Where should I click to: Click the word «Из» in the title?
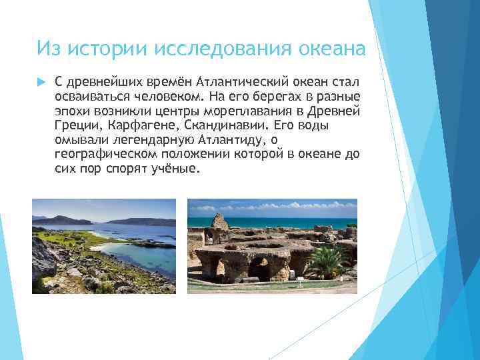coord(48,49)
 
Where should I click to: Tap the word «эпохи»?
coord(71,111)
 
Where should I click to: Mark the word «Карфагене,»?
coord(137,125)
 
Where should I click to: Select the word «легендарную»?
coord(143,140)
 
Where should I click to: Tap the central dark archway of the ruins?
coord(260,268)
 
